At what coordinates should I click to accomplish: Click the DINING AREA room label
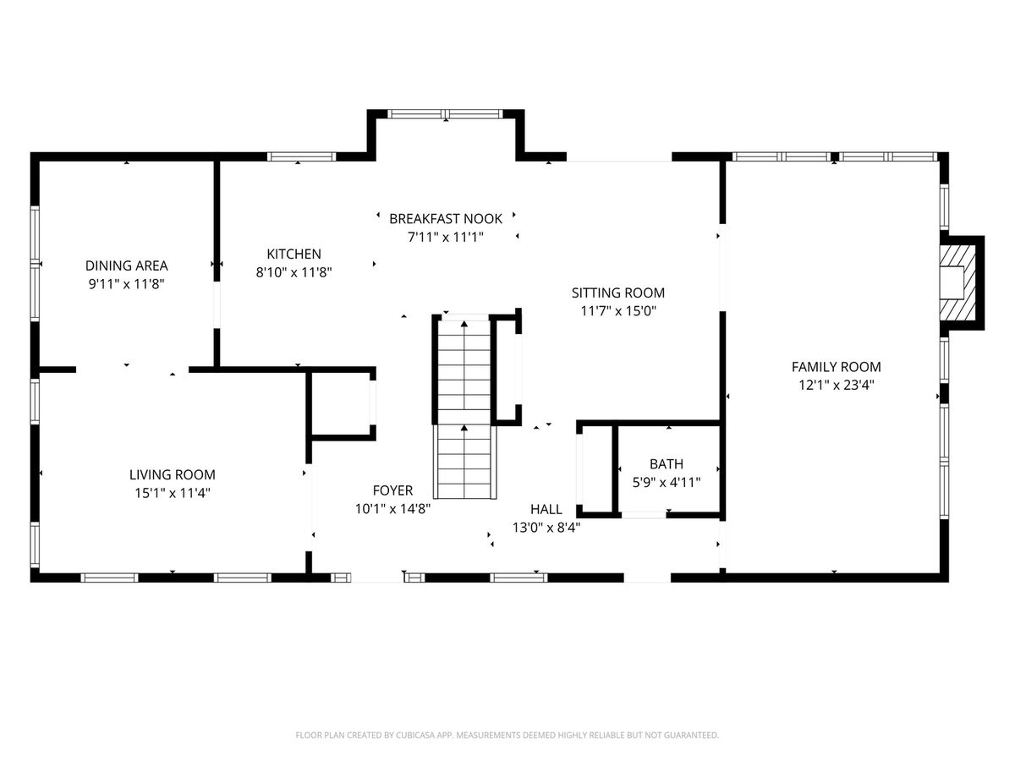(126, 266)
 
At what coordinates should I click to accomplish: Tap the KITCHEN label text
(294, 254)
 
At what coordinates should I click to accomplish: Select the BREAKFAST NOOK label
(445, 218)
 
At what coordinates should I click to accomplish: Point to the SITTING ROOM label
(617, 293)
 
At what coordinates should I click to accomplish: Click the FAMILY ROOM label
(836, 367)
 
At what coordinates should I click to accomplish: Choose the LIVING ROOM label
(172, 474)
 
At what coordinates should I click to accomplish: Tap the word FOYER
(392, 490)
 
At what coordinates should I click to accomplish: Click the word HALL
(546, 509)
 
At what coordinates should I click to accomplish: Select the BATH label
(667, 464)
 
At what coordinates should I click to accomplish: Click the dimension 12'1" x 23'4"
(836, 385)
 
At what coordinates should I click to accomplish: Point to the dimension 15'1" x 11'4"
(172, 493)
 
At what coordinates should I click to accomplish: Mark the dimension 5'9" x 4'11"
(667, 482)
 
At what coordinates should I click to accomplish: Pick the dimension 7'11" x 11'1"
(445, 237)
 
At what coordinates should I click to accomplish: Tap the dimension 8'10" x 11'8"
(294, 272)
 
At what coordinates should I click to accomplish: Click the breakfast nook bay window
(445, 113)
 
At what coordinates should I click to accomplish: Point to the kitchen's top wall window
(301, 156)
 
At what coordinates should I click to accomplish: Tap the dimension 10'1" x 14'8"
(392, 509)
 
